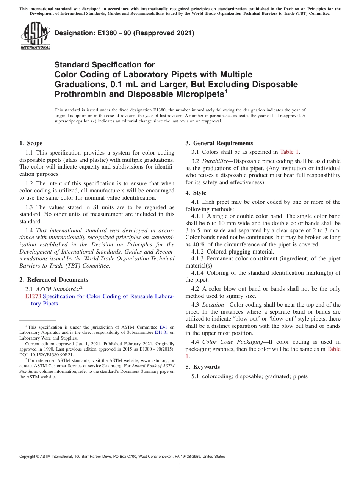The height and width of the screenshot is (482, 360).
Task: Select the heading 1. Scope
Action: point(31,143)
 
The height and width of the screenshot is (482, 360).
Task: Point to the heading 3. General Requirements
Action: point(219,143)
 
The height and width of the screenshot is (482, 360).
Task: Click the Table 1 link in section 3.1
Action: point(290,152)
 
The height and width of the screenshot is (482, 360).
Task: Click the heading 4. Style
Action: point(196,193)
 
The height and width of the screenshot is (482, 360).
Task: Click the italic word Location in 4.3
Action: point(213,305)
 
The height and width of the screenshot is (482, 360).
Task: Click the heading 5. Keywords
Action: point(203,367)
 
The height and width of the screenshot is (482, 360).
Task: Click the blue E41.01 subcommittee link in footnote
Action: point(161,332)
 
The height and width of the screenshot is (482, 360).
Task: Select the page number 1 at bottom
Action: point(180,466)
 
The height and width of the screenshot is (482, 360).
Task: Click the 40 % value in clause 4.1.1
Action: point(197,244)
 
